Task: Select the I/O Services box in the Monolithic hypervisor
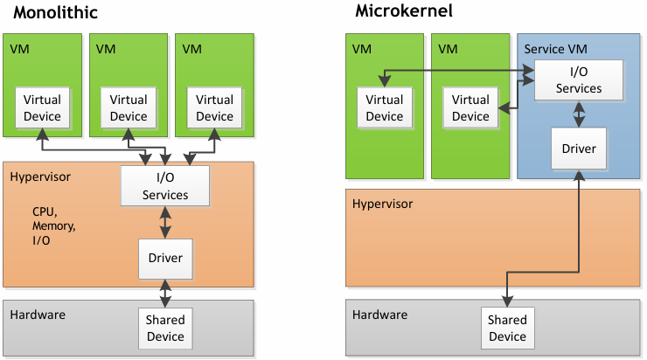(x=165, y=186)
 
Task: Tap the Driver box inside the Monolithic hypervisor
(x=165, y=258)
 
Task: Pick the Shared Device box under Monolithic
(x=165, y=329)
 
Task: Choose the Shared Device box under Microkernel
(x=507, y=329)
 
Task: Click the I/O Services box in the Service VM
(x=579, y=80)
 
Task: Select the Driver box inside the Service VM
(x=579, y=149)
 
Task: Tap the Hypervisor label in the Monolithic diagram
(x=40, y=177)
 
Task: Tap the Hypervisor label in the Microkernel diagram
(x=382, y=204)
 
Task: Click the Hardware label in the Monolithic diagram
(x=38, y=315)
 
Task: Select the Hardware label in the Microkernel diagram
(x=379, y=315)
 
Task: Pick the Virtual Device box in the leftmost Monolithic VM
(x=42, y=108)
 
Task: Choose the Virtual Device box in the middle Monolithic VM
(x=129, y=108)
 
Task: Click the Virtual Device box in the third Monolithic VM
(x=214, y=108)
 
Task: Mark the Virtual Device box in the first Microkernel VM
(x=384, y=108)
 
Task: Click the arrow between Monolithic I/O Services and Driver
(x=165, y=222)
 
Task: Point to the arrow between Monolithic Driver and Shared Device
(x=165, y=292)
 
